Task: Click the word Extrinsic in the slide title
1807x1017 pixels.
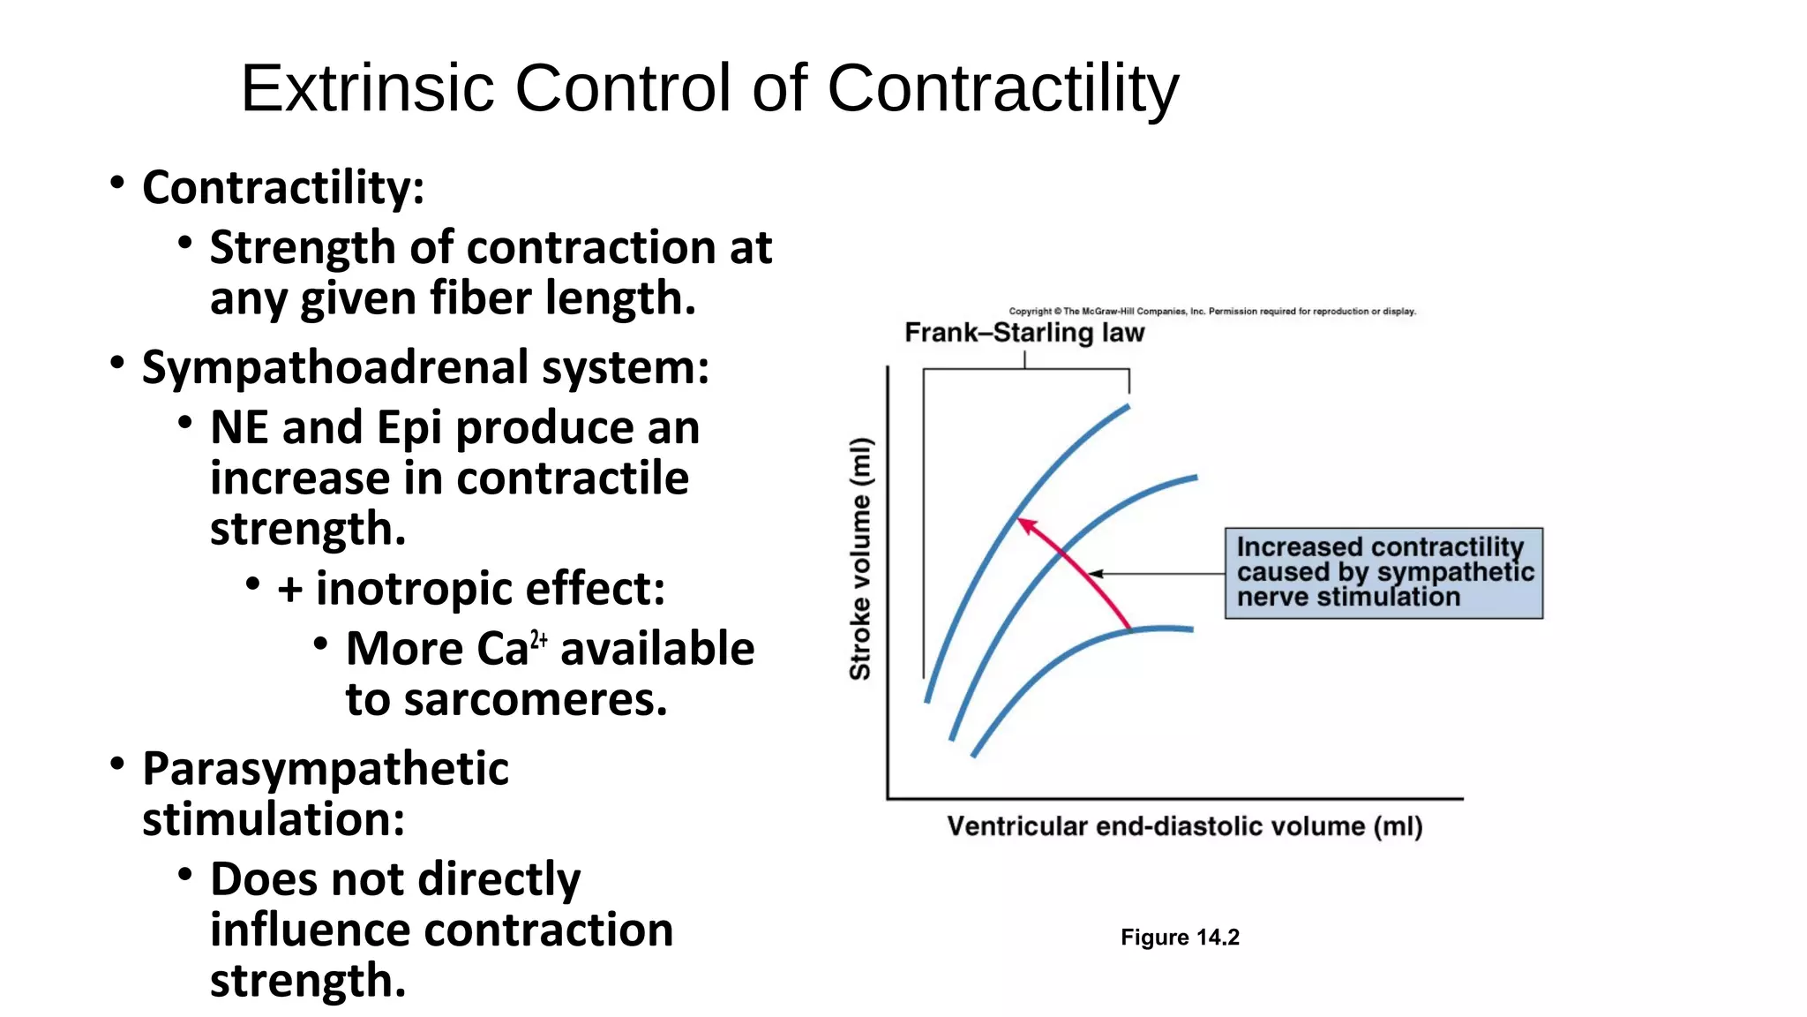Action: coord(366,88)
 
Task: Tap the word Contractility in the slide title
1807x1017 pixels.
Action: coord(1002,88)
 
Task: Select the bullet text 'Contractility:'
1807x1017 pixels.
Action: coord(282,187)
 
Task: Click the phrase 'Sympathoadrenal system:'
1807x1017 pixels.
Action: coord(425,367)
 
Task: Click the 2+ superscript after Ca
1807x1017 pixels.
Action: coord(539,640)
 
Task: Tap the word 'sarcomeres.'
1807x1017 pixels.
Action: coord(535,700)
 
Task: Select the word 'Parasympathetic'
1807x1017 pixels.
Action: coord(325,768)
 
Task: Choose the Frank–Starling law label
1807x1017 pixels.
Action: coord(1024,333)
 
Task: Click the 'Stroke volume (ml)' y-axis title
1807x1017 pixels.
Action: coord(860,558)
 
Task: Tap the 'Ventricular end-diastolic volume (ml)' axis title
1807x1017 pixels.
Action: coord(1184,826)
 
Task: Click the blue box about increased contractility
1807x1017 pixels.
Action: coord(1383,573)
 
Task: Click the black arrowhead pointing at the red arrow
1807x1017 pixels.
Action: coord(1095,574)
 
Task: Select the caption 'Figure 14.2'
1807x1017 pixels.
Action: coord(1180,938)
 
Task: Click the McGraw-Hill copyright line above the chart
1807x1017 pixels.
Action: coord(1211,311)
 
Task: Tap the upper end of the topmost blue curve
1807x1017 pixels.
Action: coord(1127,407)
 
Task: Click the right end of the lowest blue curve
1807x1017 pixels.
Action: coord(1190,629)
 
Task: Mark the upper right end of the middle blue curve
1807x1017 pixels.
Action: coord(1195,478)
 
